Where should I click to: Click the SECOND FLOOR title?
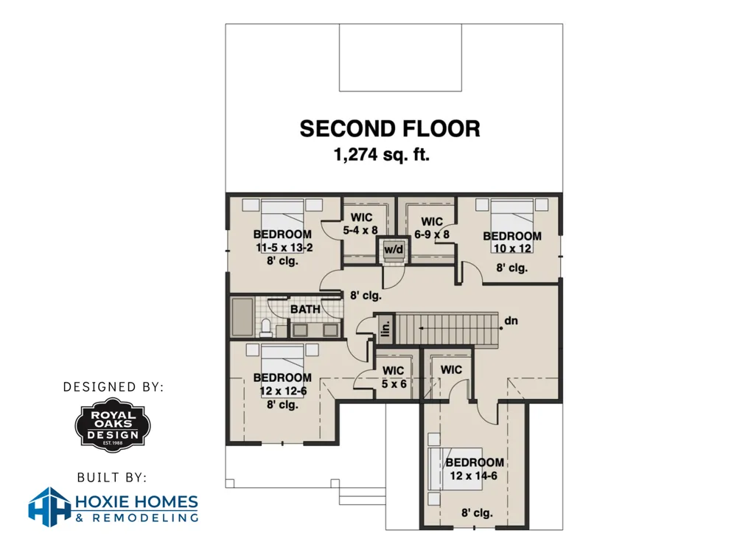coord(390,129)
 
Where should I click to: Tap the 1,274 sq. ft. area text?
coord(382,154)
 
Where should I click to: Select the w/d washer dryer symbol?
coord(394,250)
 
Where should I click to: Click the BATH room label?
coord(305,310)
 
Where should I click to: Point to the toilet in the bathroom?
coord(266,328)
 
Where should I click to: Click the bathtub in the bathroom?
coord(242,316)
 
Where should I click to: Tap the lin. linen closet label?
coord(385,328)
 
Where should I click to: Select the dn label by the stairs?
coord(511,321)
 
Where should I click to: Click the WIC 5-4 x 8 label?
coord(360,224)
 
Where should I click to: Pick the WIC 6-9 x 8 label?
coord(432,228)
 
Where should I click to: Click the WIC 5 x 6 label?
coord(394,377)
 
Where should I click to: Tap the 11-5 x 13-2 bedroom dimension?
coord(284,247)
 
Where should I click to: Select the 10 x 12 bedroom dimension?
coord(512,248)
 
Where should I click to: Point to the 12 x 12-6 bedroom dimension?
coord(283,391)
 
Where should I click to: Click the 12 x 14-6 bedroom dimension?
coord(473,476)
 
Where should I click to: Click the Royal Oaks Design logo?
coord(113,425)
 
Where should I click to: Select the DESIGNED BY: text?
coord(113,387)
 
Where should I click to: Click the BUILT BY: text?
coord(112,478)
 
